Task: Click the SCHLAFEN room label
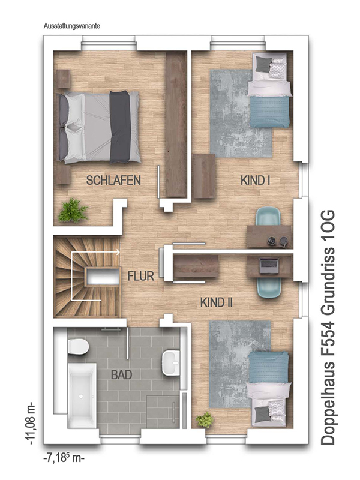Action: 113,181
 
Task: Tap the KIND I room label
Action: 256,181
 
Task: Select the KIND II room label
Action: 217,302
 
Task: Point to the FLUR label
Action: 141,276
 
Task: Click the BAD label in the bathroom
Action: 122,374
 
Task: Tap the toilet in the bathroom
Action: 79,347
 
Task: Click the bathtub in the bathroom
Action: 82,395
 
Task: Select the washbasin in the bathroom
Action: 171,363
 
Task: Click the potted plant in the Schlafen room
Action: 73,211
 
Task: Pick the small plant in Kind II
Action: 205,420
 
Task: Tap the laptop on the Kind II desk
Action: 269,265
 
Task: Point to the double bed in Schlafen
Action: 98,127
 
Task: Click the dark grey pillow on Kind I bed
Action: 262,64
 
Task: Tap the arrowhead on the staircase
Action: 118,252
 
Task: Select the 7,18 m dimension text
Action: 64,457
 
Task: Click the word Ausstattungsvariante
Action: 72,26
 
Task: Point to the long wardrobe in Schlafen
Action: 176,125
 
